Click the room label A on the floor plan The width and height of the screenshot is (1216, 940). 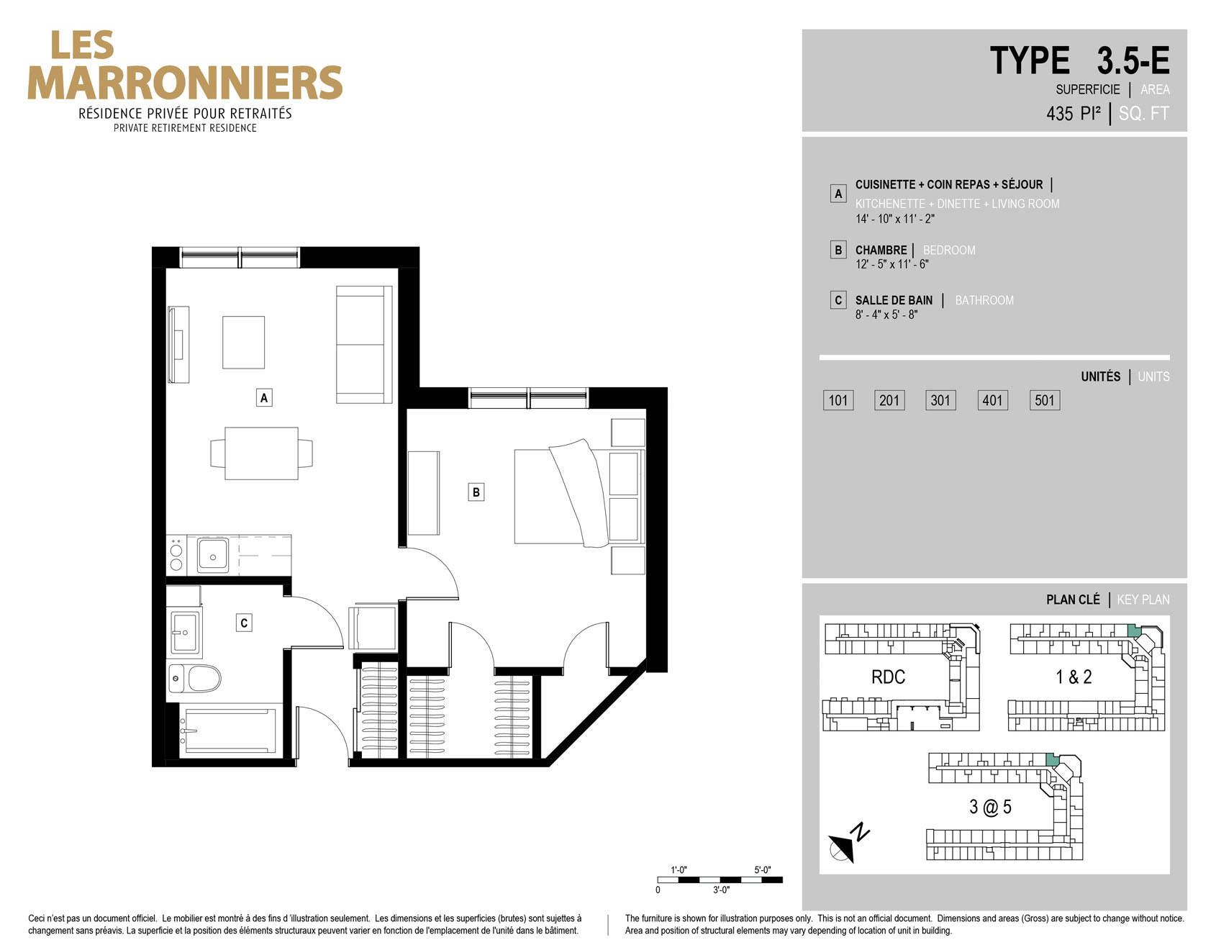264,397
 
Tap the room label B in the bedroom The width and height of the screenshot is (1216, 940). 476,492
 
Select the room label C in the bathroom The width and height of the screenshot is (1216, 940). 244,623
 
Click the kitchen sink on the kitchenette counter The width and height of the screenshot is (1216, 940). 213,555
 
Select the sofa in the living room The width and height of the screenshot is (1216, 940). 364,345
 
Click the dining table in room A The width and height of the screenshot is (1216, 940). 262,453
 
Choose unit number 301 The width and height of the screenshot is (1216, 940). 940,400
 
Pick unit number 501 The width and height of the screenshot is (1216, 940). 1044,400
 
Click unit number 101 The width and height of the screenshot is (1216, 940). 838,400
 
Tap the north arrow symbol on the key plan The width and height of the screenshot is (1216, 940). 848,842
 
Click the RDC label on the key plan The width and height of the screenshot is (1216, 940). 888,677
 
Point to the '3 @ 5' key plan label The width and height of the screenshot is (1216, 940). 990,807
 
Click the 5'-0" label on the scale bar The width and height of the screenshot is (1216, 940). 763,869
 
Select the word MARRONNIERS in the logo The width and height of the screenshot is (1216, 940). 185,83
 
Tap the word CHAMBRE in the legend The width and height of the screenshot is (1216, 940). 881,250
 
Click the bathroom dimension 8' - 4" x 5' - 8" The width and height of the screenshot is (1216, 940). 886,315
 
